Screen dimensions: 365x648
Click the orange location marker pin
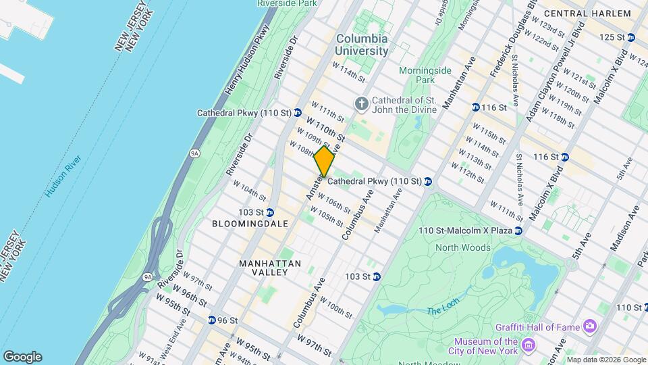tap(324, 162)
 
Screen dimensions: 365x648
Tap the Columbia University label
tap(362, 45)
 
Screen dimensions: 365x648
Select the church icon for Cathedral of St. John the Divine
tap(362, 103)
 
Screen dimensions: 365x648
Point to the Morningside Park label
tap(424, 74)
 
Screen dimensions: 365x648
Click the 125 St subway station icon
tap(630, 37)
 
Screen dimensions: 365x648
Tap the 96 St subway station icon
tap(211, 320)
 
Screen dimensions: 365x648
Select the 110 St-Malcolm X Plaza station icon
tap(518, 231)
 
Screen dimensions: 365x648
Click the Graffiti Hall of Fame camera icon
tap(590, 327)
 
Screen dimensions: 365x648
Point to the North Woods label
tap(463, 247)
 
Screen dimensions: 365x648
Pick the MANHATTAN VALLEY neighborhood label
tap(264, 267)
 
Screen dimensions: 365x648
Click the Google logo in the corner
tap(22, 356)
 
